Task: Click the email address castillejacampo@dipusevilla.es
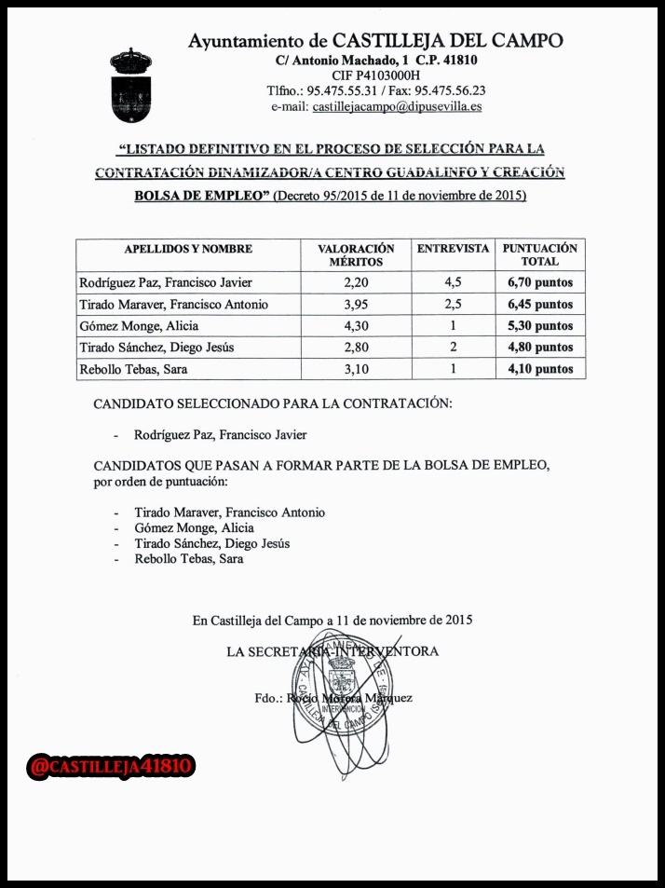pyautogui.click(x=397, y=107)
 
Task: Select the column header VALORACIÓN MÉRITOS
pyautogui.click(x=356, y=255)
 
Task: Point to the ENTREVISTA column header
pyautogui.click(x=453, y=249)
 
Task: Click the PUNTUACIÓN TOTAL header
pyautogui.click(x=540, y=255)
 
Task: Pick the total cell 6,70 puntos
pyautogui.click(x=540, y=282)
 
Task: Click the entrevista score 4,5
pyautogui.click(x=453, y=282)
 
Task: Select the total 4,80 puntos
pyautogui.click(x=540, y=348)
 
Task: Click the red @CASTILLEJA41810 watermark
pyautogui.click(x=112, y=767)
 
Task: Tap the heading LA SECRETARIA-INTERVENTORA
pyautogui.click(x=332, y=651)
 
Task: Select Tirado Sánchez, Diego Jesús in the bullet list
pyautogui.click(x=211, y=543)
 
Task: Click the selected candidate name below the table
pyautogui.click(x=220, y=434)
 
